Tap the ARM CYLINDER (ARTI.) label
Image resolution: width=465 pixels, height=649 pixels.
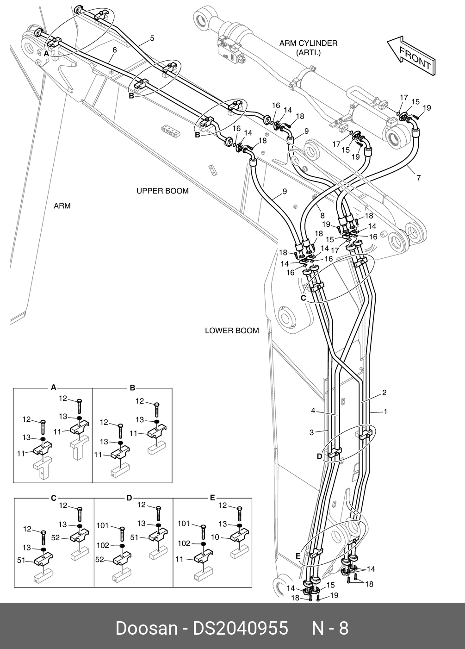pyautogui.click(x=308, y=48)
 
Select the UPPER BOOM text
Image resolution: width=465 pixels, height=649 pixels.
pyautogui.click(x=162, y=191)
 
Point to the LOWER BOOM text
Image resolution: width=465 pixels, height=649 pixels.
pyautogui.click(x=232, y=331)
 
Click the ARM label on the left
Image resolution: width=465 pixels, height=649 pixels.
pyautogui.click(x=62, y=206)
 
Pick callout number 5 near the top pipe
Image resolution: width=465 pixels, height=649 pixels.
pyautogui.click(x=152, y=38)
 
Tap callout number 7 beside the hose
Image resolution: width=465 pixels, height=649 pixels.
pyautogui.click(x=419, y=177)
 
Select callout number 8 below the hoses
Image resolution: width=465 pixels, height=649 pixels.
pyautogui.click(x=322, y=215)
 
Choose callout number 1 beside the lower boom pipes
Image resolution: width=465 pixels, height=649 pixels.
pyautogui.click(x=385, y=411)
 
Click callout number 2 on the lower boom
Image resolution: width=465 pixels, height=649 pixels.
pyautogui.click(x=384, y=393)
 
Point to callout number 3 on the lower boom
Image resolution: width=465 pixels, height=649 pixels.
pyautogui.click(x=311, y=432)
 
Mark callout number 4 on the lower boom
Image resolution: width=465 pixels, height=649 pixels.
pyautogui.click(x=313, y=411)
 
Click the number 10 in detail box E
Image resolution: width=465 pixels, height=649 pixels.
pyautogui.click(x=215, y=537)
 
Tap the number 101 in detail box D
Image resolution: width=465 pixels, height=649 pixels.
pyautogui.click(x=103, y=525)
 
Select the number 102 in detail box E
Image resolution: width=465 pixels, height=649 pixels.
pyautogui.click(x=184, y=543)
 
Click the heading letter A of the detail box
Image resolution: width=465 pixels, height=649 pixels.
pyautogui.click(x=53, y=387)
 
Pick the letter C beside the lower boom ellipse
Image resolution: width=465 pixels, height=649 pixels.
pyautogui.click(x=304, y=298)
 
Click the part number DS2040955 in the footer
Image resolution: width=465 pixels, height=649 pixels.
pyautogui.click(x=240, y=628)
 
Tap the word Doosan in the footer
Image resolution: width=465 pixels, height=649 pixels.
pyautogui.click(x=146, y=628)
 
